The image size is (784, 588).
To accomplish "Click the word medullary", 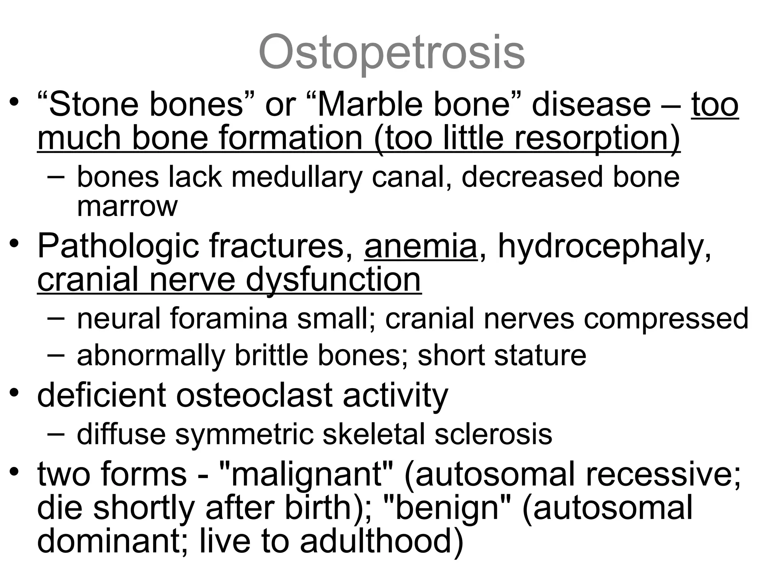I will (x=297, y=177).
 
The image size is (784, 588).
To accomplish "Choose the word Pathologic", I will (x=118, y=247).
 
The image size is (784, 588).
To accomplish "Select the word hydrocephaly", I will (x=604, y=247).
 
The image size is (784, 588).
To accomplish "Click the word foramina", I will (x=229, y=318).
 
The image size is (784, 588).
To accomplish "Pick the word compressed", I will (x=666, y=318).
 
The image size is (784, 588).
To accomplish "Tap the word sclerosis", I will (x=493, y=434).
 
